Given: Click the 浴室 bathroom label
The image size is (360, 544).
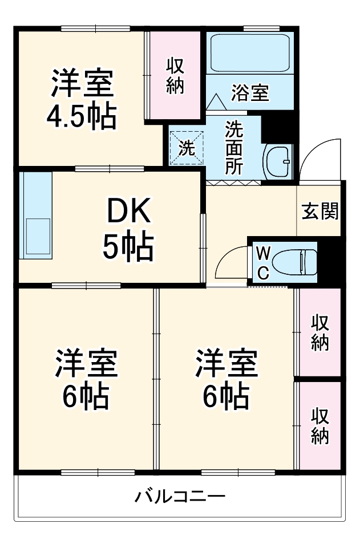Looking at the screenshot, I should (x=249, y=93).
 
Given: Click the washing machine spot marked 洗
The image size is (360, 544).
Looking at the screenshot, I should (x=187, y=148).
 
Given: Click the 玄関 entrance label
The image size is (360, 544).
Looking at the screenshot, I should (x=319, y=212).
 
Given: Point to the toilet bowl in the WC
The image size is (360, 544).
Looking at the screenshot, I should (x=294, y=262).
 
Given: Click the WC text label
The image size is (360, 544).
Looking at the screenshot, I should (x=262, y=262).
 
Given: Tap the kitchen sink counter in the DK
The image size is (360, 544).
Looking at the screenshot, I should (x=35, y=214).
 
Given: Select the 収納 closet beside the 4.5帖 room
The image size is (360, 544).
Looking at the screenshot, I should (x=174, y=75).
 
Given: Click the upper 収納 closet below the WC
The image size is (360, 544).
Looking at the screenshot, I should (x=319, y=332).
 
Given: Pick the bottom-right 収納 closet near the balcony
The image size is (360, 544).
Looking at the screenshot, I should (x=319, y=426).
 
